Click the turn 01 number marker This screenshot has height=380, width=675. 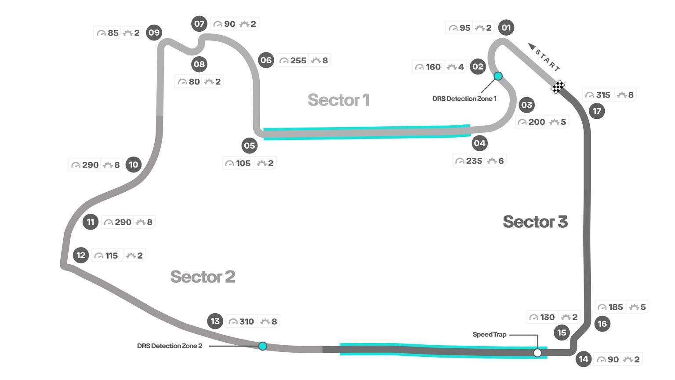pyautogui.click(x=506, y=28)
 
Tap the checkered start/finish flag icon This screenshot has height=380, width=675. pyautogui.click(x=558, y=87)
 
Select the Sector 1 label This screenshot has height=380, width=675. pyautogui.click(x=338, y=100)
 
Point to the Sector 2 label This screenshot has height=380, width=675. pyautogui.click(x=203, y=277)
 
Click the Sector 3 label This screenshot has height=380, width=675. pyautogui.click(x=535, y=222)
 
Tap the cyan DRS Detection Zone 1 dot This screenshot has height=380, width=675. pyautogui.click(x=498, y=76)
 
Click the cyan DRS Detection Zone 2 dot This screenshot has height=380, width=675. pyautogui.click(x=263, y=346)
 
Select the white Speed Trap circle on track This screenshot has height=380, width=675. pyautogui.click(x=537, y=353)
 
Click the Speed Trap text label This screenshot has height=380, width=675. pyautogui.click(x=489, y=335)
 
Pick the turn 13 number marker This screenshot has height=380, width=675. pyautogui.click(x=215, y=321)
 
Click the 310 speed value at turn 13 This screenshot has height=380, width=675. pyautogui.click(x=247, y=322)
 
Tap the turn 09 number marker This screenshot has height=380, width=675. pyautogui.click(x=154, y=33)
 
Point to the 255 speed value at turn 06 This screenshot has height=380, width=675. pyautogui.click(x=298, y=61)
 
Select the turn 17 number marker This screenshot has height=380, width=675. pyautogui.click(x=597, y=111)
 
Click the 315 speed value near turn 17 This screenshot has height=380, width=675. pyautogui.click(x=603, y=95)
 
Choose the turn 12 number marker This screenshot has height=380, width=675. pyautogui.click(x=81, y=255)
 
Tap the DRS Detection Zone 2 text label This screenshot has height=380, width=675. pyautogui.click(x=170, y=346)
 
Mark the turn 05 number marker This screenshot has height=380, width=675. pyautogui.click(x=250, y=146)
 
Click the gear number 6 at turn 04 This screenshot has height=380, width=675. pyautogui.click(x=501, y=161)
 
